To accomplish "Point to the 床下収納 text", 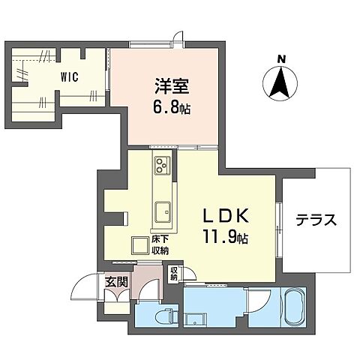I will click(159, 245).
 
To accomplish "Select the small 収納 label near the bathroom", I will click(173, 275).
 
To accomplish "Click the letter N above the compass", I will click(281, 58).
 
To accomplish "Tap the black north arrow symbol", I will click(281, 82).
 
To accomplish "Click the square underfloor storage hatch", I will click(139, 245).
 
